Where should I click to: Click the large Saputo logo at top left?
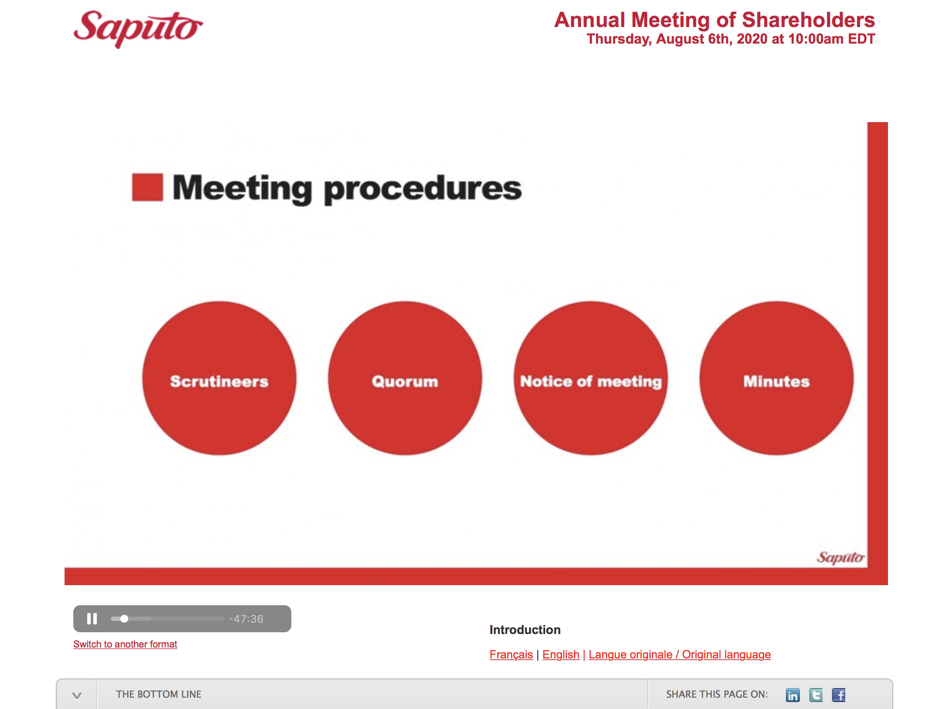point(138,28)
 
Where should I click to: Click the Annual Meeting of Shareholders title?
point(714,20)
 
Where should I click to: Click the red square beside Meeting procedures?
point(147,187)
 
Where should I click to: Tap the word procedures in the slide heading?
point(423,189)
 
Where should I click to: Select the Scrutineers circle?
point(219,378)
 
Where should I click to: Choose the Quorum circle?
point(405,378)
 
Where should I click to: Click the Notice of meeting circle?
point(591,378)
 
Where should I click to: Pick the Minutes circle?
point(777,378)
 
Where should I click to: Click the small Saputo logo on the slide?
point(840,557)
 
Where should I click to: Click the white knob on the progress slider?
point(124,619)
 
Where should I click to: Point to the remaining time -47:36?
point(246,619)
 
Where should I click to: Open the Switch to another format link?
point(125,644)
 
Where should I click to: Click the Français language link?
point(511,654)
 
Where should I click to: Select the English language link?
point(561,654)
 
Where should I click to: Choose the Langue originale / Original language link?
point(680,654)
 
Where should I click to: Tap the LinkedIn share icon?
point(793,695)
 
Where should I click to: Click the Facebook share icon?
point(839,695)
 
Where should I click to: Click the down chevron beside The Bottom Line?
point(77,695)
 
